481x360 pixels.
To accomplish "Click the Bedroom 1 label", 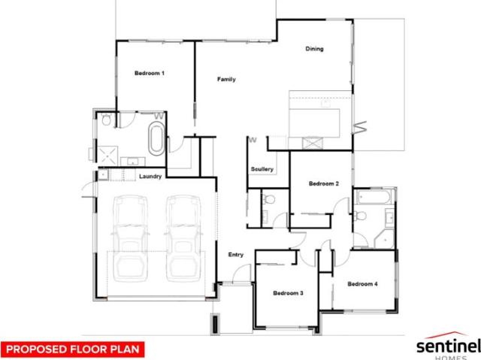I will tap(149, 73).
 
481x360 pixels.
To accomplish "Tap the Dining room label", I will tap(314, 50).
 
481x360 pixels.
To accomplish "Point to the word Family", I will tap(226, 79).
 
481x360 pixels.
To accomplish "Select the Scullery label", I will tap(262, 169).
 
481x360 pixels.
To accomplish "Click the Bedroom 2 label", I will tap(325, 183).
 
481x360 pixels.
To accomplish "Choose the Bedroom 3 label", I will tap(288, 292).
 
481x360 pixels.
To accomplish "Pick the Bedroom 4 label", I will tap(362, 284).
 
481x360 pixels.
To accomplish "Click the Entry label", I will tap(236, 255).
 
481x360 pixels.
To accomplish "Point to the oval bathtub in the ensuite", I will tap(156, 139).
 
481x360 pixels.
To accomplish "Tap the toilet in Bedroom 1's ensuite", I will tap(107, 119).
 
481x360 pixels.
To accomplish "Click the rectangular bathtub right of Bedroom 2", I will tap(373, 198).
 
